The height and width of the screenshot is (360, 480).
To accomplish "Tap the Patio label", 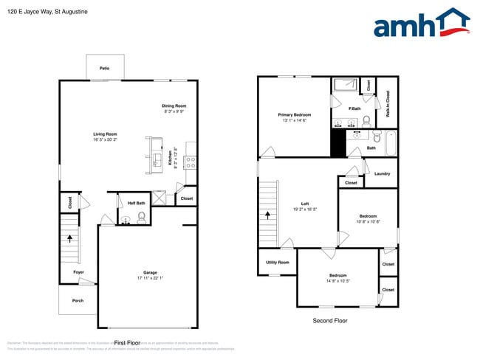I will [105, 69].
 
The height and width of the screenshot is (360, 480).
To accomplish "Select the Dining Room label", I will [174, 106].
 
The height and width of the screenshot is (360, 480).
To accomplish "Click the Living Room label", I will [106, 134].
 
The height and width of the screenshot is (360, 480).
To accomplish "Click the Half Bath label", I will [137, 203].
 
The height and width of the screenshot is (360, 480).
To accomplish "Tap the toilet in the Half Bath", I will [141, 217].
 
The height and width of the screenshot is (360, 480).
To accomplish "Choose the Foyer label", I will [78, 272].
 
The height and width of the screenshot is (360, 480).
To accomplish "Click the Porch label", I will [78, 300].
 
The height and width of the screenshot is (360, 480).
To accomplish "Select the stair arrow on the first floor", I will [71, 238].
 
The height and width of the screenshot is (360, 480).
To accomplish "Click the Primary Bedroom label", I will [294, 114].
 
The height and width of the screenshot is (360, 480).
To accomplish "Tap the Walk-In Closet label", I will [388, 109].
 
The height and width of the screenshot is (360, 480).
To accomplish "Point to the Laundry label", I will [382, 174].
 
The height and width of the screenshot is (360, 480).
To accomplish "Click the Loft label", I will [304, 204].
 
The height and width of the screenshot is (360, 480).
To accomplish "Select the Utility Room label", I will [277, 262].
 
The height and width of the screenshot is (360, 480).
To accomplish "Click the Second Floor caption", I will [330, 321].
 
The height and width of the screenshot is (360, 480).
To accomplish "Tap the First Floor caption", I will [127, 343].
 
